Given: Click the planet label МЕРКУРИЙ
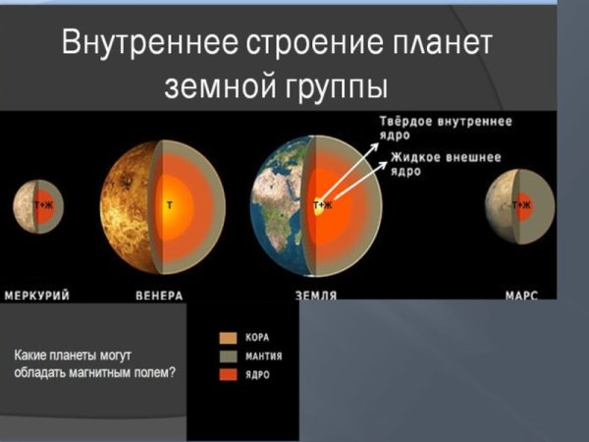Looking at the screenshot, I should pos(37,295).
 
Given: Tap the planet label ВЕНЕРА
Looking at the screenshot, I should pos(158,295).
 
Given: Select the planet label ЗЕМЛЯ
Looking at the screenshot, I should pos(316,295).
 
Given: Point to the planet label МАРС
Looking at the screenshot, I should pos(521,295).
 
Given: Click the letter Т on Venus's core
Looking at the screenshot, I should pos(170,205).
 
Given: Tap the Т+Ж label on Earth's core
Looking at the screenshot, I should pos(322,205).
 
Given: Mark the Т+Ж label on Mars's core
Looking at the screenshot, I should pos(520,205).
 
